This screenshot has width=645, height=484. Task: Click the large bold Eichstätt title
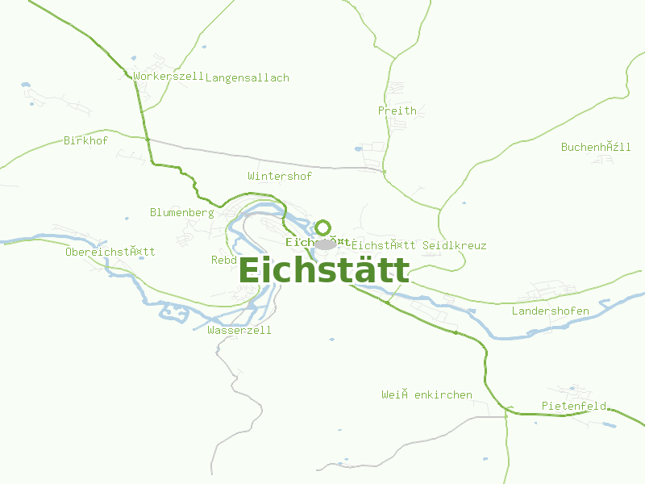[x=324, y=270]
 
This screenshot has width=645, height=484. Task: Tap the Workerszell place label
[x=169, y=77]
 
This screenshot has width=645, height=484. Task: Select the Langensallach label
[x=248, y=78]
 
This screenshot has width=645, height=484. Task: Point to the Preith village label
[x=397, y=111]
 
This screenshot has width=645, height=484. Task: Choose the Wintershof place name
[x=280, y=176]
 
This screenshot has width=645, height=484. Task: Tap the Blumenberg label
[x=181, y=213]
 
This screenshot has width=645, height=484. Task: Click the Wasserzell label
[x=239, y=331]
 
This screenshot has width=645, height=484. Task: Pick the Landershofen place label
[x=551, y=311]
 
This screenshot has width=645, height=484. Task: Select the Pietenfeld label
[x=574, y=406]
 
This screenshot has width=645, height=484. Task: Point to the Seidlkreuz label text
[x=455, y=245]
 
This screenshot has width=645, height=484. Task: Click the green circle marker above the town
[x=323, y=227]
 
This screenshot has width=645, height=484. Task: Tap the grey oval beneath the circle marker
[x=325, y=244]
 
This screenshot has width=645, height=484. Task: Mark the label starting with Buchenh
[x=596, y=147]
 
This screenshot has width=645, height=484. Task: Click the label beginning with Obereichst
[x=110, y=252]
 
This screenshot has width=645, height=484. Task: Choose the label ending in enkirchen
[x=427, y=395]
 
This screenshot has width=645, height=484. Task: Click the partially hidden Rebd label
[x=223, y=261]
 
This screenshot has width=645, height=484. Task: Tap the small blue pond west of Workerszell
[x=26, y=84]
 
